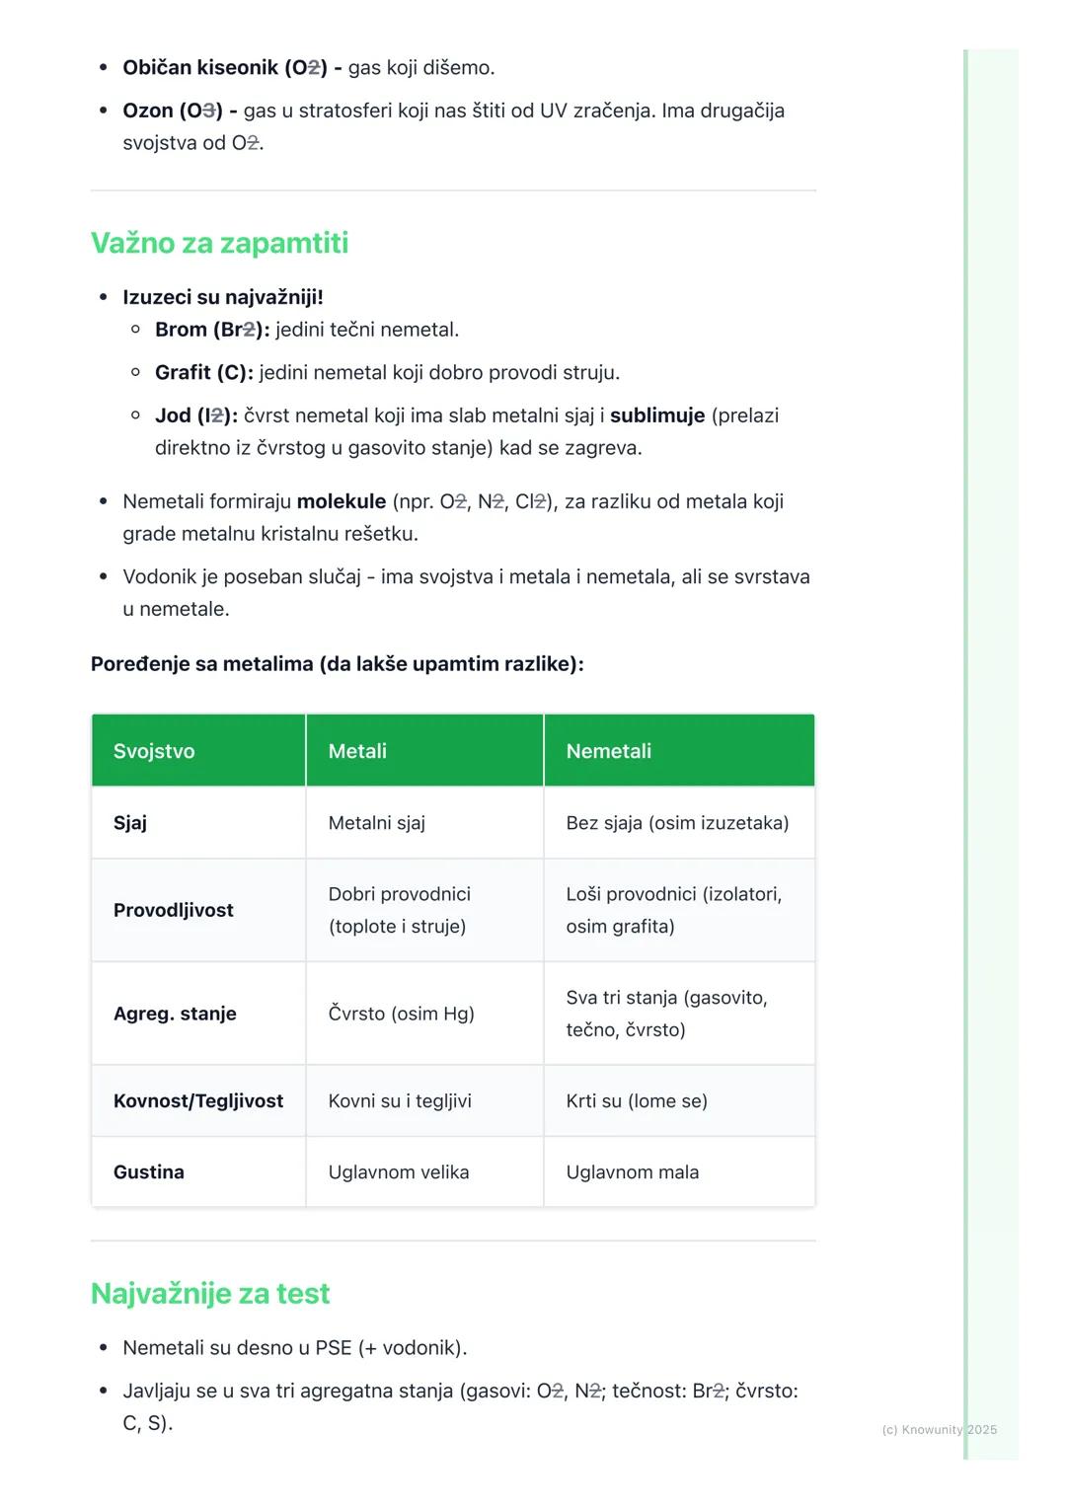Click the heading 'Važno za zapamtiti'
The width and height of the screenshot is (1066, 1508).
coord(219,243)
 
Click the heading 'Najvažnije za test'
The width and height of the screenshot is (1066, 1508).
coord(210,1293)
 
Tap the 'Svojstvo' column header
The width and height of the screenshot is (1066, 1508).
coord(154,751)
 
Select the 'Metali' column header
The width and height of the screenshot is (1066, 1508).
coord(357,751)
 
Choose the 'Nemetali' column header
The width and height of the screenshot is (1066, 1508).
coord(608,751)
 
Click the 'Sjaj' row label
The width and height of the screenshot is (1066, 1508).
coord(130,823)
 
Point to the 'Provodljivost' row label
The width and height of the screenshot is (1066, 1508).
coord(174,910)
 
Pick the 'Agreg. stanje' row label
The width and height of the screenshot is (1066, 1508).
coord(175,1014)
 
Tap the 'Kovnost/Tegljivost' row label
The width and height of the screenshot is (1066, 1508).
coord(198,1100)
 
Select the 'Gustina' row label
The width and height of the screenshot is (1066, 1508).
coord(149,1172)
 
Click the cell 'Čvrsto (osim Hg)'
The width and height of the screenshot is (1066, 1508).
coord(401,1014)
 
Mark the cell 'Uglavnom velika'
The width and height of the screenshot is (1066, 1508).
coord(399,1172)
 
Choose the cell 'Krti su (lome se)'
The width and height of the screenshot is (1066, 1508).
coord(637,1100)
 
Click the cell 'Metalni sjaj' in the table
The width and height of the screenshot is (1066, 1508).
coord(377,823)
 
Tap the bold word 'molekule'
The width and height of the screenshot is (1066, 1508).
coord(342,501)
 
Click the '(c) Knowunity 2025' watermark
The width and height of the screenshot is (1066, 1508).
coord(939,1429)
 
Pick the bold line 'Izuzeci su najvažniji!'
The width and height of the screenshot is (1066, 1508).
coord(223,297)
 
